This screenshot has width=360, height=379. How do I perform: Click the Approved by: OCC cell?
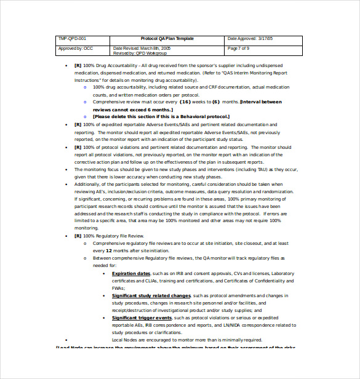[x=76, y=48]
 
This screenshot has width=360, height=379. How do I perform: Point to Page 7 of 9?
[x=238, y=48]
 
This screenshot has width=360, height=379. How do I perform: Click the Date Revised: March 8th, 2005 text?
[x=142, y=47]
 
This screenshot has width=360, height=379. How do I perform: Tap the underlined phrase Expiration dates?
[x=131, y=273]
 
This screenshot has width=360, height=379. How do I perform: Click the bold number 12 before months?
[x=108, y=251]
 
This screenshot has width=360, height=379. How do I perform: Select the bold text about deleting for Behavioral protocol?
[x=161, y=116]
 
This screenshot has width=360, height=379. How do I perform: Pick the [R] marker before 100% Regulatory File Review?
[x=78, y=236]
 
